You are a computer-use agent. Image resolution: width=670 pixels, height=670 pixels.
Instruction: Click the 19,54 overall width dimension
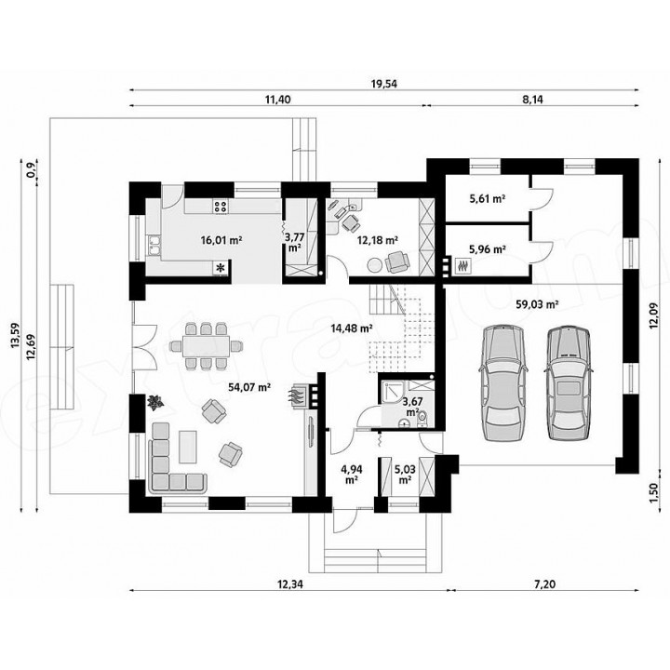pyautogui.click(x=383, y=84)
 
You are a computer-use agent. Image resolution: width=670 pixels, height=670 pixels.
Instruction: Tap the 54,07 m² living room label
pyautogui.click(x=249, y=387)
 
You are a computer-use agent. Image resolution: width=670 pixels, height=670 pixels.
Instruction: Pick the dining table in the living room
pyautogui.click(x=206, y=345)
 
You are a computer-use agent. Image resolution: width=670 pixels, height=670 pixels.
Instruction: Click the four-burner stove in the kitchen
pyautogui.click(x=221, y=207)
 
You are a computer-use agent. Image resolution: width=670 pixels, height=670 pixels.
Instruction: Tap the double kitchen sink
pyautogui.click(x=154, y=246)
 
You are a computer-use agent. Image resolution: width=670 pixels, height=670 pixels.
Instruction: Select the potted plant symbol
pyautogui.click(x=155, y=402)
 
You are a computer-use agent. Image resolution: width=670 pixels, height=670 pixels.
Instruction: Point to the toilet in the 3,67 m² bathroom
pyautogui.click(x=422, y=419)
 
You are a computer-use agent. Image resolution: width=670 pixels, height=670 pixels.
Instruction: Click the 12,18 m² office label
pyautogui.click(x=378, y=240)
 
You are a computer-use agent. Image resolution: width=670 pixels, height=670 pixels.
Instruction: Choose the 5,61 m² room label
pyautogui.click(x=488, y=199)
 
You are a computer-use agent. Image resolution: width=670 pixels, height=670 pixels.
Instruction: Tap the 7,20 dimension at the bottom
pyautogui.click(x=544, y=584)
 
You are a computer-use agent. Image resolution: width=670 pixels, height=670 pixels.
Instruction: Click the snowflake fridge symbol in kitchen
pyautogui.click(x=221, y=268)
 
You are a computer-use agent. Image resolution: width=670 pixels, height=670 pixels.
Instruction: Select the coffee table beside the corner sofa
pyautogui.click(x=188, y=447)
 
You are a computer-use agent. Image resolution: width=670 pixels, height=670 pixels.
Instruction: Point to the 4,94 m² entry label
pyautogui.click(x=351, y=475)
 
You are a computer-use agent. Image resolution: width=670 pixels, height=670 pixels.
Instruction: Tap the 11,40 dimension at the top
pyautogui.click(x=277, y=100)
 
